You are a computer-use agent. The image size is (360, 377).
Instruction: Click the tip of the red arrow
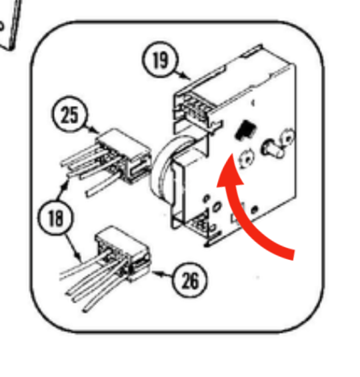(x=232, y=154)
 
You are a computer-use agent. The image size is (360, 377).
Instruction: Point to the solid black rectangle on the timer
(x=245, y=130)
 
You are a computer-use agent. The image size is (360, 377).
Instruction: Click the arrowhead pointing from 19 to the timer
(x=186, y=77)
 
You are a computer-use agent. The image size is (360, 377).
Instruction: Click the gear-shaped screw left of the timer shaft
(x=247, y=159)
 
